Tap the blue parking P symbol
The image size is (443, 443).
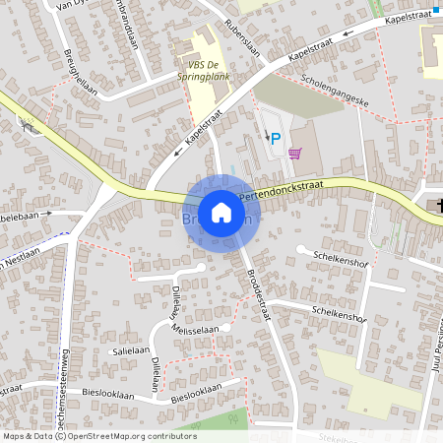pyautogui.click(x=276, y=139)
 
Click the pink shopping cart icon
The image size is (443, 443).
pyautogui.click(x=294, y=153)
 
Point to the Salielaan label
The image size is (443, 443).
pyautogui.click(x=129, y=350)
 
